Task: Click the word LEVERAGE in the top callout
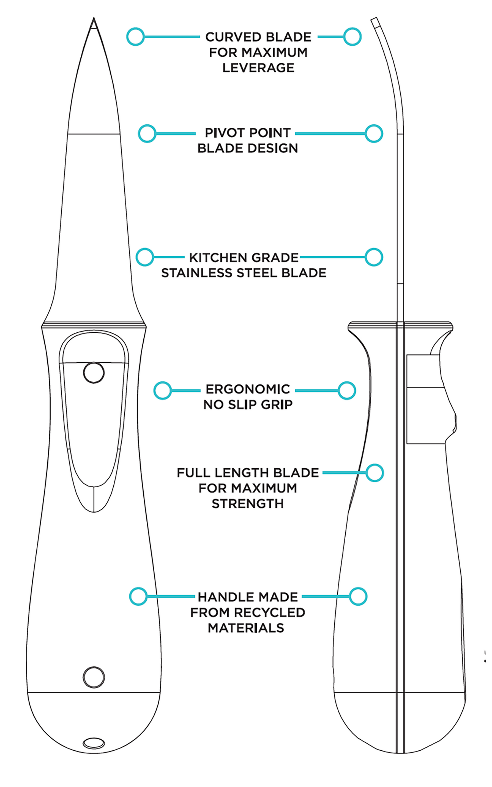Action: [x=258, y=68]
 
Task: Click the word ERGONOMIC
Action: [x=248, y=389]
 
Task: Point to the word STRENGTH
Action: [x=248, y=503]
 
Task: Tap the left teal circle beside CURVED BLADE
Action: [x=135, y=36]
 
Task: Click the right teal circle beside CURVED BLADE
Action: [x=352, y=36]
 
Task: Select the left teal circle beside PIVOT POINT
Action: [x=147, y=133]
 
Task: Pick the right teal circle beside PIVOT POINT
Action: [x=374, y=133]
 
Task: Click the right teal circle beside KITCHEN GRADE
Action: [x=374, y=257]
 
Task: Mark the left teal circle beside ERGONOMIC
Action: [x=162, y=390]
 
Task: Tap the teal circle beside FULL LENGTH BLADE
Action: [x=375, y=473]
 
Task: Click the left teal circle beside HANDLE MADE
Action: [x=138, y=596]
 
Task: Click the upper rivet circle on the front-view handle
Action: [x=94, y=373]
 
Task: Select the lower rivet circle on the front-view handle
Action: [x=94, y=677]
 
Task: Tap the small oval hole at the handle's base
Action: [x=94, y=743]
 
